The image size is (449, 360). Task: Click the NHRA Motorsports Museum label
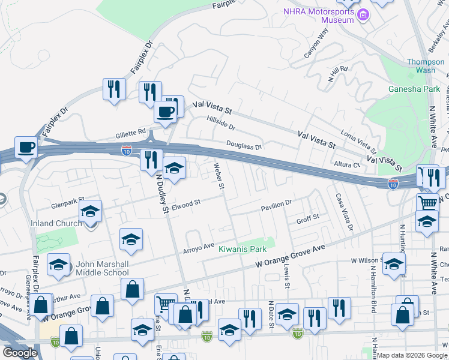click(320, 16)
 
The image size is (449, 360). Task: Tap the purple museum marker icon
click(363, 15)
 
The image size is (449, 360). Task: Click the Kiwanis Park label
click(242, 249)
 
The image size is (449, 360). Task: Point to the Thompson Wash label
click(426, 66)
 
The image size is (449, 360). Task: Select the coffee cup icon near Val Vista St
click(164, 111)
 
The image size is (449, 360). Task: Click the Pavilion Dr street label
click(276, 206)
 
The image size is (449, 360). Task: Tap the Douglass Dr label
click(244, 145)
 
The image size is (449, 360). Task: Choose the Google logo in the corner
click(19, 353)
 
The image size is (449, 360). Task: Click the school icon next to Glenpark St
click(90, 211)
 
